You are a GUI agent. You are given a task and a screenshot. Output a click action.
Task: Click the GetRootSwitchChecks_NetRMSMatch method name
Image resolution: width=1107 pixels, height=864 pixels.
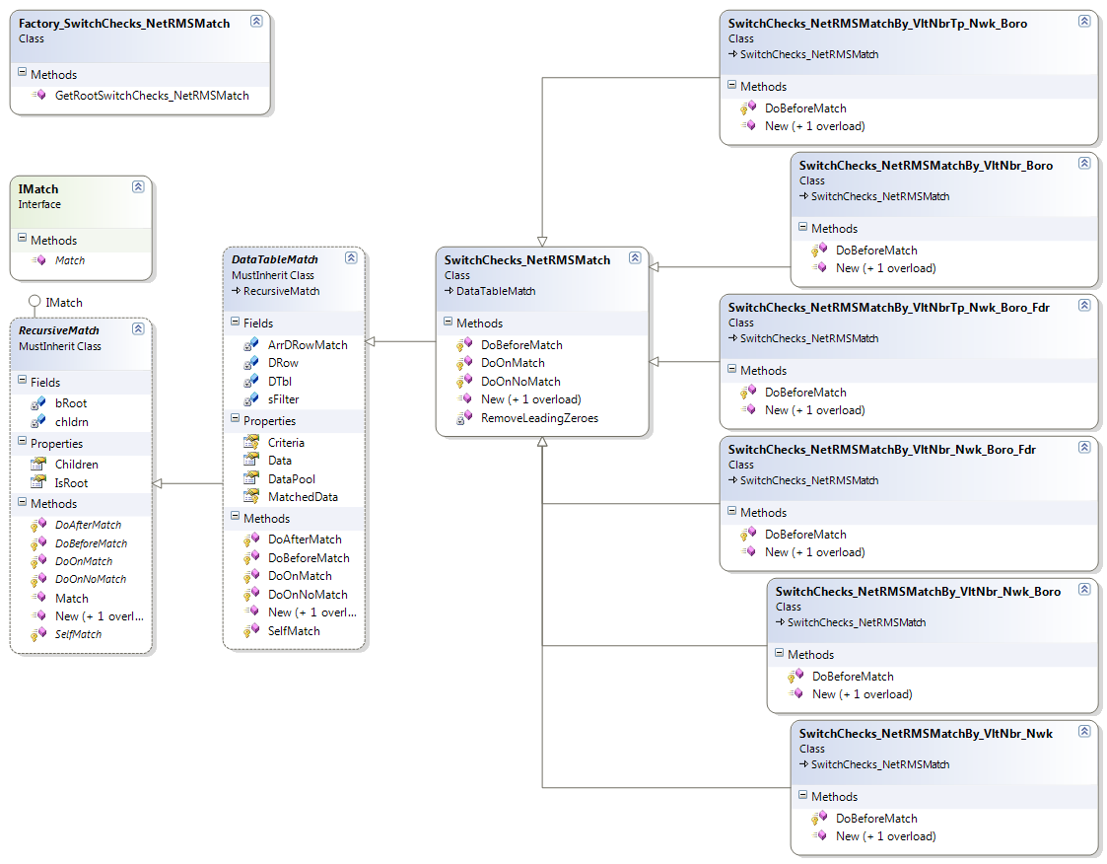152,96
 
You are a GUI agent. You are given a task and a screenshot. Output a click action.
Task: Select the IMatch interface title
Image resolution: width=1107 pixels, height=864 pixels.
38,189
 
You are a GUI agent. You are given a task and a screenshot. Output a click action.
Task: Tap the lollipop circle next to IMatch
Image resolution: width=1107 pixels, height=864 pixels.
34,302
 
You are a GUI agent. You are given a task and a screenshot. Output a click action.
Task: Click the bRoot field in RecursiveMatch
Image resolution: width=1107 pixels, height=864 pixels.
71,403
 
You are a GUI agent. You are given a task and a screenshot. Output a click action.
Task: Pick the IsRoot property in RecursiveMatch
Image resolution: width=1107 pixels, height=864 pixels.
71,483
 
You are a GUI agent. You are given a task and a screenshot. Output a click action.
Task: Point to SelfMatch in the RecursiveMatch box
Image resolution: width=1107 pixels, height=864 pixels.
78,634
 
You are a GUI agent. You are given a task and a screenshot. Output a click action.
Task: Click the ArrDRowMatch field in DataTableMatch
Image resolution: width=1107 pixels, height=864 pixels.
308,345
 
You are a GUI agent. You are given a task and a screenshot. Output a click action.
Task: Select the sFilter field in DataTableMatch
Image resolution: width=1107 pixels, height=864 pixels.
283,399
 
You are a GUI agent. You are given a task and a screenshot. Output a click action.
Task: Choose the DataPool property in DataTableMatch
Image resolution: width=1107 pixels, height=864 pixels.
292,479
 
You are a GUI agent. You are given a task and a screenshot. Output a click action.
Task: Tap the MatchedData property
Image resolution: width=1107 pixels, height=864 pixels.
303,497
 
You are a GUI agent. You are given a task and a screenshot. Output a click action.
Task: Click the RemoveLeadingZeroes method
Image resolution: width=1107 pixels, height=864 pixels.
539,418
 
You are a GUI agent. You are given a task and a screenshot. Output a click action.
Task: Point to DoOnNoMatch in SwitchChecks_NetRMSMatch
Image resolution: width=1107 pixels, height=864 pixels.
520,382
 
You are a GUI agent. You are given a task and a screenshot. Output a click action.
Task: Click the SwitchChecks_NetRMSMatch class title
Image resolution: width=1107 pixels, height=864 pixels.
527,260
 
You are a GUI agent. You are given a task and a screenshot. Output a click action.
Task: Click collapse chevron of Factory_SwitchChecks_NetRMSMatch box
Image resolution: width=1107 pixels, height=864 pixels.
256,21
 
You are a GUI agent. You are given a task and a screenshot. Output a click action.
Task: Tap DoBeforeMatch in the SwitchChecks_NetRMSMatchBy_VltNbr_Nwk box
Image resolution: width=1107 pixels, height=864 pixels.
876,818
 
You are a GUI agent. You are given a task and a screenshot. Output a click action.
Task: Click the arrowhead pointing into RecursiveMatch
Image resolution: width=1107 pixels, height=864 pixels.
157,483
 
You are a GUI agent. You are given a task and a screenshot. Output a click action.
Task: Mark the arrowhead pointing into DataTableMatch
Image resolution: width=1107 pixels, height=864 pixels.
370,342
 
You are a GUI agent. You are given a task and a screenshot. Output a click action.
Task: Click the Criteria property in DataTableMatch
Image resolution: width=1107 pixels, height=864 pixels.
286,443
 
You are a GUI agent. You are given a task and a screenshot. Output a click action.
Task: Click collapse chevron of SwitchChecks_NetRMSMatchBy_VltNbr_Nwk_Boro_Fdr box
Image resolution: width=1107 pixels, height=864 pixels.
1084,447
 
